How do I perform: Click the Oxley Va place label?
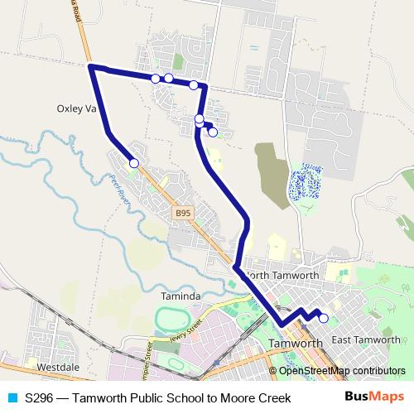(x=77, y=108)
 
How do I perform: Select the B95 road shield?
(x=182, y=213)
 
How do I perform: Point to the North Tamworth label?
(x=282, y=275)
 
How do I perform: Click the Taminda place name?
(x=181, y=296)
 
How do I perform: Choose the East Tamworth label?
(x=365, y=341)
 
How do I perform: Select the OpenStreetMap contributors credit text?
(x=341, y=371)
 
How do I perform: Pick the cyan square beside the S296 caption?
(x=12, y=398)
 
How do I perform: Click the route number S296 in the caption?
(x=40, y=398)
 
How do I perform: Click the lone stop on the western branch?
(x=134, y=163)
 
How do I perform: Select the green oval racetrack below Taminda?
(x=171, y=319)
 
